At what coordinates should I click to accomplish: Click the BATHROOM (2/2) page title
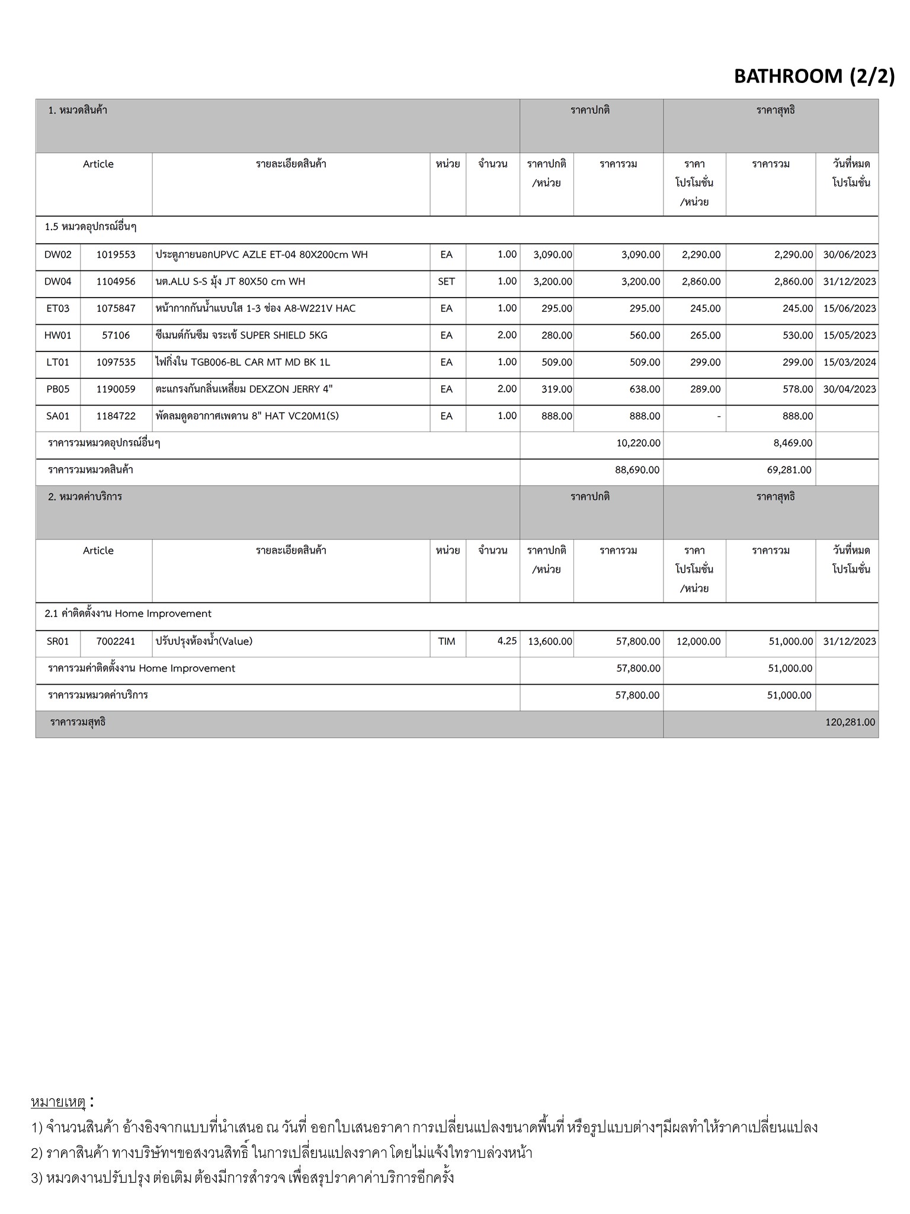(x=814, y=76)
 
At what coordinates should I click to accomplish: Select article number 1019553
(x=116, y=255)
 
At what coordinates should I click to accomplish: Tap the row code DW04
(x=57, y=282)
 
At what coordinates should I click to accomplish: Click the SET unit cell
(x=446, y=282)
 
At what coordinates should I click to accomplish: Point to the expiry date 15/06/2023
(x=849, y=309)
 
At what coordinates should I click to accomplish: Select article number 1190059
(x=116, y=389)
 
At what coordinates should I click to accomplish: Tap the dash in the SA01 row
(x=718, y=417)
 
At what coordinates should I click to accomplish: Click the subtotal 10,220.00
(x=638, y=443)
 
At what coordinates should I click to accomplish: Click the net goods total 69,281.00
(x=789, y=470)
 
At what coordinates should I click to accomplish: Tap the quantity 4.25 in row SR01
(x=507, y=641)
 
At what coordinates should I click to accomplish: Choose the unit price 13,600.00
(x=550, y=641)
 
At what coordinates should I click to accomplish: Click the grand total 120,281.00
(x=850, y=722)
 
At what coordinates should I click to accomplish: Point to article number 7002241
(x=116, y=641)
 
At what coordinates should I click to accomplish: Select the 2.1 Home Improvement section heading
(x=128, y=614)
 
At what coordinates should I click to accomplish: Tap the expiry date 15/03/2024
(x=849, y=362)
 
